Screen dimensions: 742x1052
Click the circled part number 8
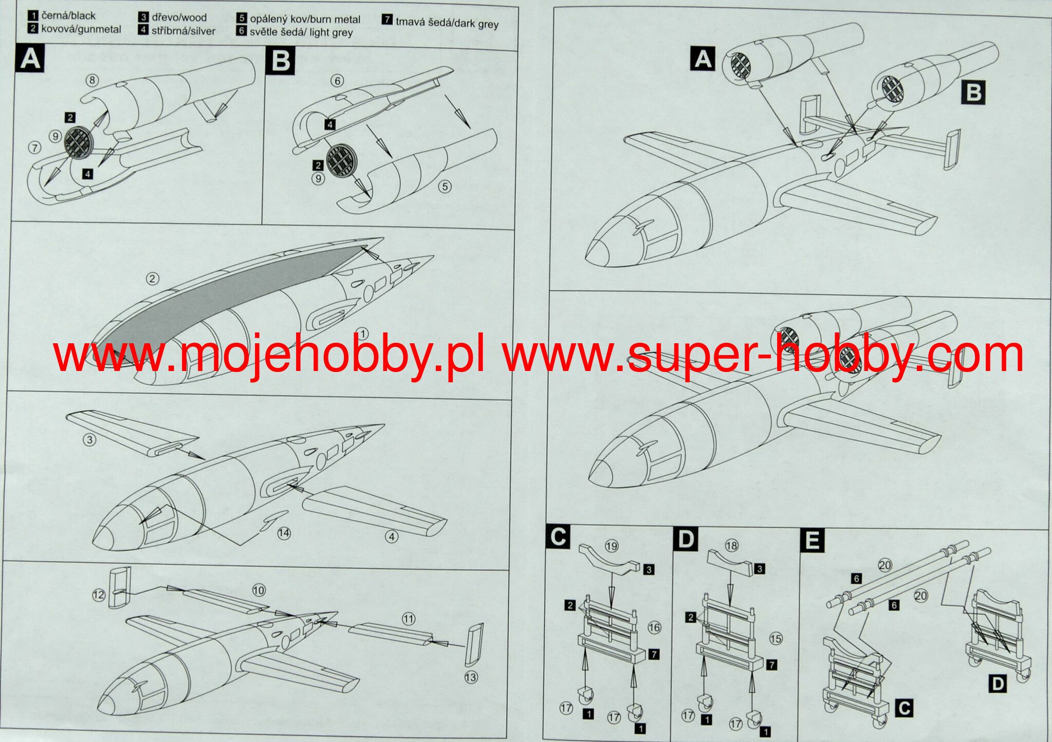pyautogui.click(x=92, y=80)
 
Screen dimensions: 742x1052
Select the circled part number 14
pyautogui.click(x=284, y=533)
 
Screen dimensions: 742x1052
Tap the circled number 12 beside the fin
pyautogui.click(x=98, y=595)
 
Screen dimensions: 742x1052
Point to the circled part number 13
pyautogui.click(x=471, y=678)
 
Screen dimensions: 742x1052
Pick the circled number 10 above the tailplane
pyautogui.click(x=259, y=590)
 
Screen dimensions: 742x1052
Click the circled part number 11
pyautogui.click(x=409, y=619)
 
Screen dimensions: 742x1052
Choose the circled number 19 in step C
pyautogui.click(x=611, y=546)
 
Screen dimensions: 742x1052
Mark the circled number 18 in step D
pyautogui.click(x=731, y=545)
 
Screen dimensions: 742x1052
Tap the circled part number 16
pyautogui.click(x=654, y=627)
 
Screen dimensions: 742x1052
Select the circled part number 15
pyautogui.click(x=776, y=639)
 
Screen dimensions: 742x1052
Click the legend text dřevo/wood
pyautogui.click(x=179, y=17)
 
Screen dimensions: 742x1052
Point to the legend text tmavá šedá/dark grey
pyautogui.click(x=447, y=23)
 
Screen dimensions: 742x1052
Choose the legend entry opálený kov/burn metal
pyautogui.click(x=305, y=20)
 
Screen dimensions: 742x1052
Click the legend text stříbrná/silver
pyautogui.click(x=183, y=31)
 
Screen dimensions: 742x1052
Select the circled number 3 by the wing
pyautogui.click(x=90, y=440)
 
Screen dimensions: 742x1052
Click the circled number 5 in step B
pyautogui.click(x=445, y=187)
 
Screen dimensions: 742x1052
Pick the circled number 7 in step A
pyautogui.click(x=34, y=148)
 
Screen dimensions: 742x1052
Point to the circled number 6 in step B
pyautogui.click(x=337, y=81)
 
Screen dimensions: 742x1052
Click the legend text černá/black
pyautogui.click(x=68, y=16)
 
